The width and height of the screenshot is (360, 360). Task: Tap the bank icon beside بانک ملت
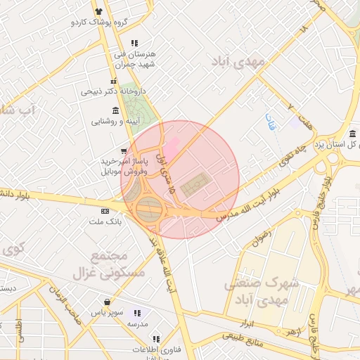coord(105,211)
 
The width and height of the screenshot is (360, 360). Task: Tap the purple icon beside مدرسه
coord(136,313)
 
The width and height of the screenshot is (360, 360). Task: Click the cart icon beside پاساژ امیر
coord(124,151)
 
